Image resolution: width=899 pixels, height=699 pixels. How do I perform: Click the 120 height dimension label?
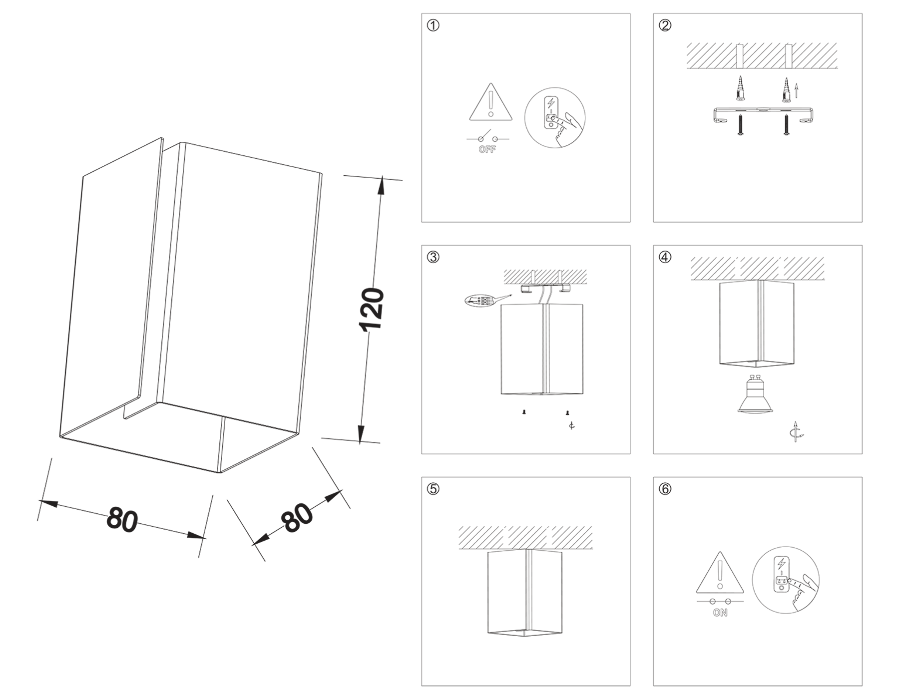372,309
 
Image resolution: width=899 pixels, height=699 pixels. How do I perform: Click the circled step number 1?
433,25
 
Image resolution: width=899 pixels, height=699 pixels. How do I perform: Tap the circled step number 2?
665,25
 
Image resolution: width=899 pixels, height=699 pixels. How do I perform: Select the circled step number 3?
433,257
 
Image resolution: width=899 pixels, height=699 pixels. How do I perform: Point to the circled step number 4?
665,257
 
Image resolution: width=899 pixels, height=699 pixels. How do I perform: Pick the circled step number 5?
433,489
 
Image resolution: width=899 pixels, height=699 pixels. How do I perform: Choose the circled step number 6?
665,489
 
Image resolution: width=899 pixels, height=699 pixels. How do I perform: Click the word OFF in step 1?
487,149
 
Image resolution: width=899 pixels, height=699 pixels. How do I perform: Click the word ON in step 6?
720,613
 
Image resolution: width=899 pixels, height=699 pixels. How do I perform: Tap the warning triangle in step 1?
491,104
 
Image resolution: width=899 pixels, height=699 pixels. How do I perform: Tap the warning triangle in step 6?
719,574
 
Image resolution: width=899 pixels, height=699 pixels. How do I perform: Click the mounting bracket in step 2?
764,114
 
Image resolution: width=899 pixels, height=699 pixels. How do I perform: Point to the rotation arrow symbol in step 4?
796,433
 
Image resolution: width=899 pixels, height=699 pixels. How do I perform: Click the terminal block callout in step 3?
480,301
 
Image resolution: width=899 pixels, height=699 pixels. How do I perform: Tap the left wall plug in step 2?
740,90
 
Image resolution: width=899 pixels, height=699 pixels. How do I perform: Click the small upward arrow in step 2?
798,91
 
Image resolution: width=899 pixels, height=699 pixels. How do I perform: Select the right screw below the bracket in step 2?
786,125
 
